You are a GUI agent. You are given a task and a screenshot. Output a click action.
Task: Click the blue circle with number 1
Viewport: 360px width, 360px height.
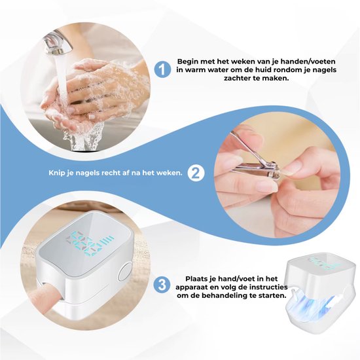coord(162,69)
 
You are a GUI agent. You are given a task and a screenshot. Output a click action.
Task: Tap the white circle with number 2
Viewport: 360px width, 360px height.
coord(196,173)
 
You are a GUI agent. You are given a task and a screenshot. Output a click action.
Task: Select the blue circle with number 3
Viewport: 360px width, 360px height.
coord(162,285)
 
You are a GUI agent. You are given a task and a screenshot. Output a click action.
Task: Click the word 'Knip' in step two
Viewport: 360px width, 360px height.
coord(56,173)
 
